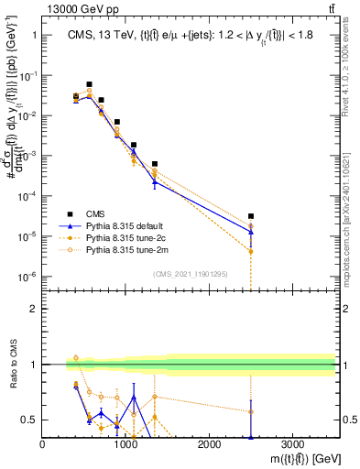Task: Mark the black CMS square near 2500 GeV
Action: tap(250, 216)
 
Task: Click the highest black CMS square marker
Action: tap(89, 83)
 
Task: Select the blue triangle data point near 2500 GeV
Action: tap(250, 232)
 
